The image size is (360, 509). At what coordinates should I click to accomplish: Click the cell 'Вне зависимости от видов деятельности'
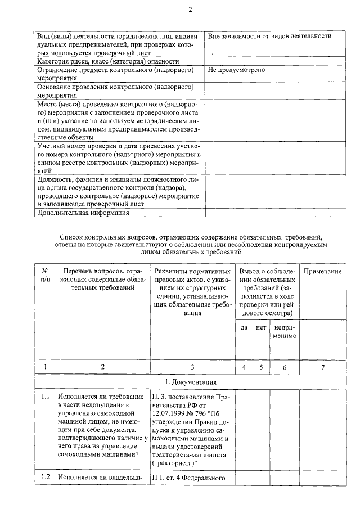tap(269, 37)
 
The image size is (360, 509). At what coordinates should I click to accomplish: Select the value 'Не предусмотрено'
tap(236, 70)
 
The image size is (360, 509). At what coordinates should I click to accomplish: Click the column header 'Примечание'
tap(323, 272)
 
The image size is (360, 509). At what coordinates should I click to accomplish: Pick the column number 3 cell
tap(192, 367)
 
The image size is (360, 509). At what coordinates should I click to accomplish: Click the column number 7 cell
tap(323, 367)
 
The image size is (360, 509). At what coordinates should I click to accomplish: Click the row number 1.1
tap(46, 397)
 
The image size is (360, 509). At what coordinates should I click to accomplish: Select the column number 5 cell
tap(261, 367)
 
